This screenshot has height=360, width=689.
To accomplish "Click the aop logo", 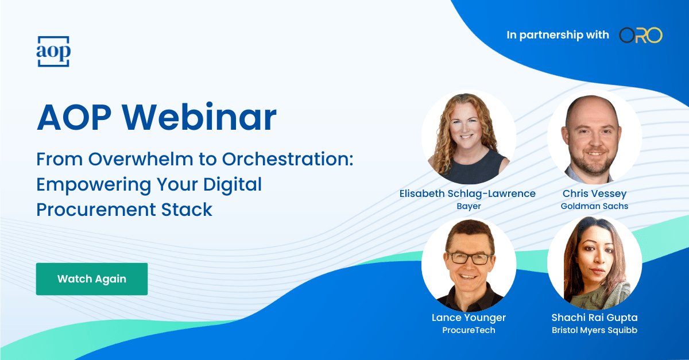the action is click(53, 51).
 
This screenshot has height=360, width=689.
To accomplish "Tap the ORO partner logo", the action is click(641, 35).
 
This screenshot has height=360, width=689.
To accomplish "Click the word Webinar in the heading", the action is click(199, 118).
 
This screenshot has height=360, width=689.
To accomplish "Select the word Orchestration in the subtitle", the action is click(288, 159).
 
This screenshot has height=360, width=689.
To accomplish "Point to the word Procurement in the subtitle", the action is click(96, 210).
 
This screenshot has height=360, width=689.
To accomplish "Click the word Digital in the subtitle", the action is click(232, 185).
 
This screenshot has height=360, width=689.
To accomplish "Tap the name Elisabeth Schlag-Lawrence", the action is click(467, 193).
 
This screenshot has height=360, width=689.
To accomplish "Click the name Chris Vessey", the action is click(594, 193).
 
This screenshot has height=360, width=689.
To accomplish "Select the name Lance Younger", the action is click(469, 318).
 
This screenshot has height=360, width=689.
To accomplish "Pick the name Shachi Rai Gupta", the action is click(594, 318).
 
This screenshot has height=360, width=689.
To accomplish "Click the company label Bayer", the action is click(469, 206).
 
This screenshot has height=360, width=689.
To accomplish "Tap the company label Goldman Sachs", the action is click(594, 206).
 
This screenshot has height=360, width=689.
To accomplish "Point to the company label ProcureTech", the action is click(469, 330).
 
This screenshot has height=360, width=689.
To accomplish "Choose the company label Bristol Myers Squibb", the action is click(594, 330).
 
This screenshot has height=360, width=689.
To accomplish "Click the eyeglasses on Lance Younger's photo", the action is click(469, 258).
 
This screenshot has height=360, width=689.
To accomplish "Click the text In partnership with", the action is click(558, 35).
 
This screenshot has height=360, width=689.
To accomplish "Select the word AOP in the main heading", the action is click(74, 118).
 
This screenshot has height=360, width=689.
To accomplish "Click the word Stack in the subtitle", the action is click(187, 210).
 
